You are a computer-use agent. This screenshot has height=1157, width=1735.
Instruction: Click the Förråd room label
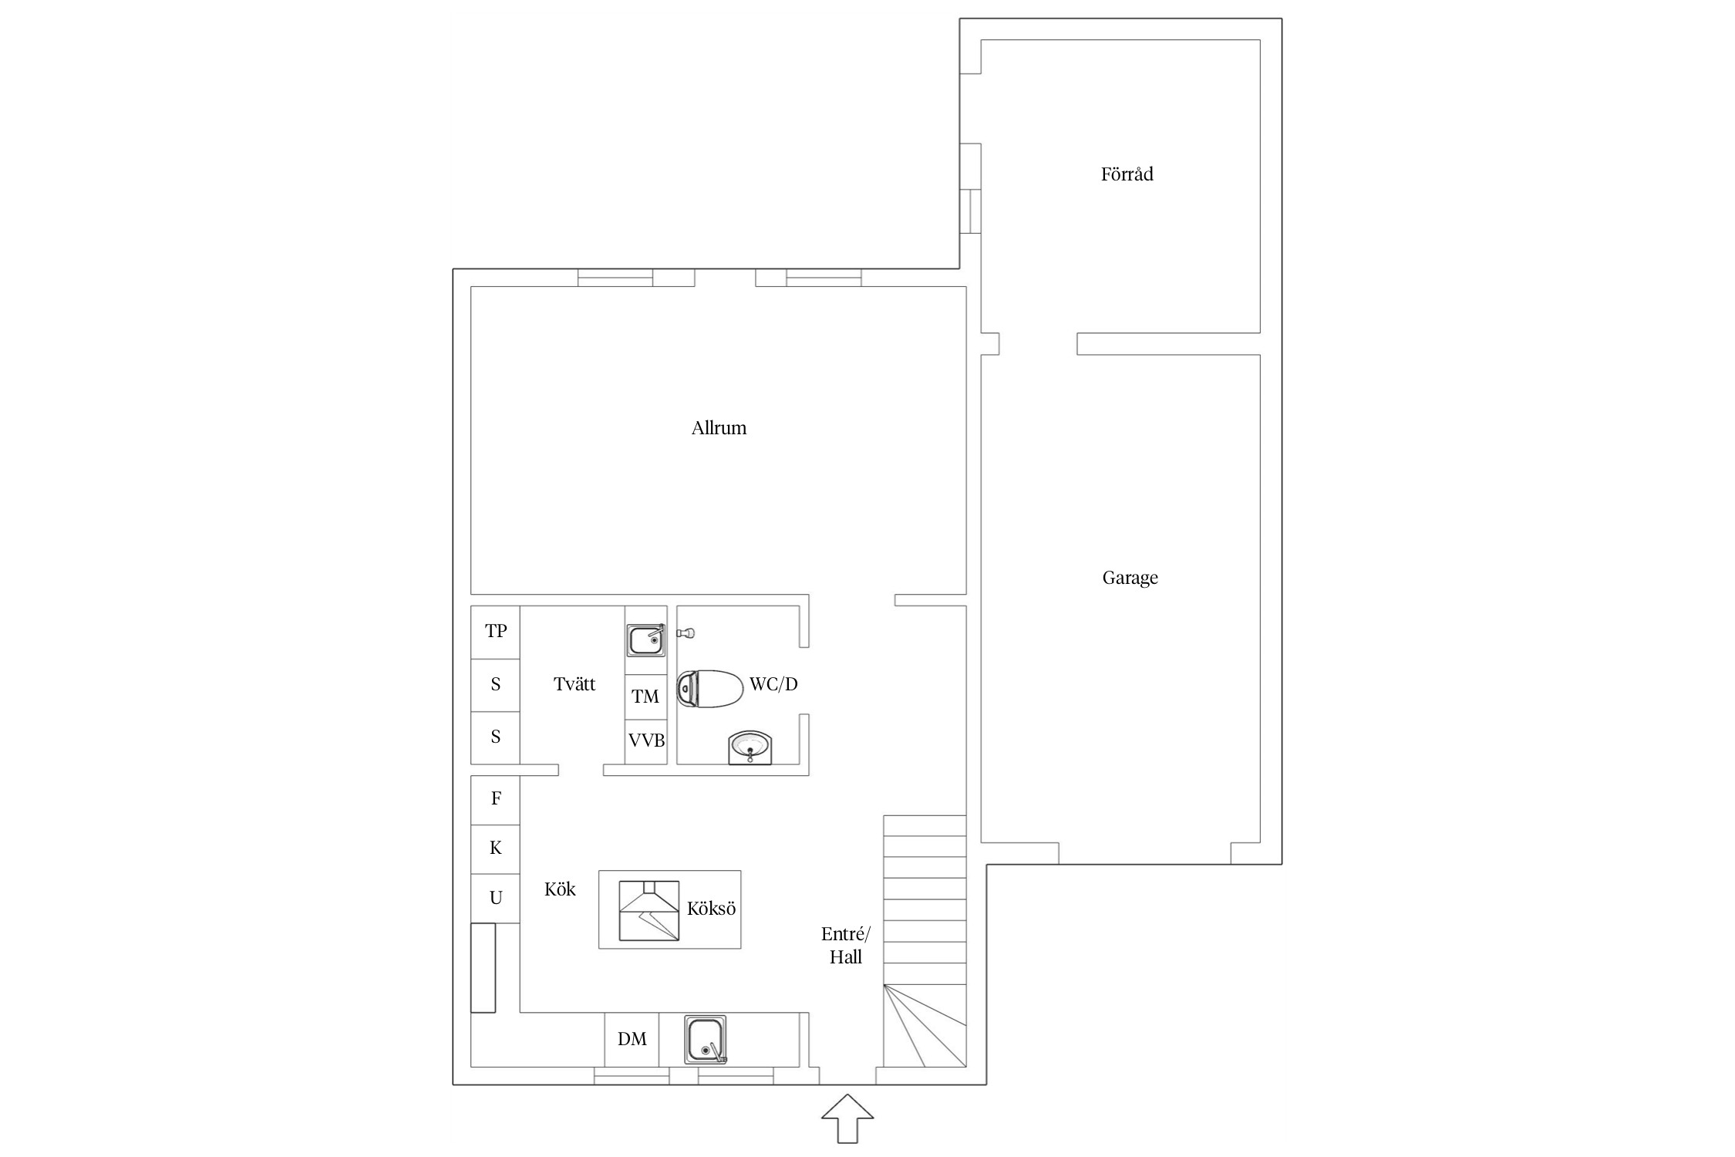1127,174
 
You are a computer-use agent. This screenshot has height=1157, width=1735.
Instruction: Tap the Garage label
1130,578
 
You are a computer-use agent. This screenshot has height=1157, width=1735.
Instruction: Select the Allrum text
719,428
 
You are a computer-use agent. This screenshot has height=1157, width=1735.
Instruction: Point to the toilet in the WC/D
709,689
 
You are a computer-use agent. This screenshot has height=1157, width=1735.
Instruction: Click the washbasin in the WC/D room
750,748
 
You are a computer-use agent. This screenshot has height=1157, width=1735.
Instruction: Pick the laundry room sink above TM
645,640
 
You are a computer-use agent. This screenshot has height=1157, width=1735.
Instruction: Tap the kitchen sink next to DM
706,1040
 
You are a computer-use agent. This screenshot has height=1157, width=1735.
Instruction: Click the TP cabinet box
495,632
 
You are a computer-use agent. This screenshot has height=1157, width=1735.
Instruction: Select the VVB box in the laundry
646,742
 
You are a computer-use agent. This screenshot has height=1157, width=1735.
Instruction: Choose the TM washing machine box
645,697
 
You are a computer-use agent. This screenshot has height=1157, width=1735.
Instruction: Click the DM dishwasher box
632,1040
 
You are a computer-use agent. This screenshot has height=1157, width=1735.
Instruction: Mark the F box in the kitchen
495,800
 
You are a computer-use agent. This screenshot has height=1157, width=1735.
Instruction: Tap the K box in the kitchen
495,849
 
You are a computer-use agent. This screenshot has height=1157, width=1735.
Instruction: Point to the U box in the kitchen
495,899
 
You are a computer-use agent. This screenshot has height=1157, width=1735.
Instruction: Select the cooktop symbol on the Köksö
649,910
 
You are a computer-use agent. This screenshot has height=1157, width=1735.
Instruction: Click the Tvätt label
574,684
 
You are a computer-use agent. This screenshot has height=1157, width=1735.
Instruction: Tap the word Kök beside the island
560,889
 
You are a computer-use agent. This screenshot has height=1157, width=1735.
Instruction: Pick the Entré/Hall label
846,946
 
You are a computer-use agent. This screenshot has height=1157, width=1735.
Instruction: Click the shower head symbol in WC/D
686,633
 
